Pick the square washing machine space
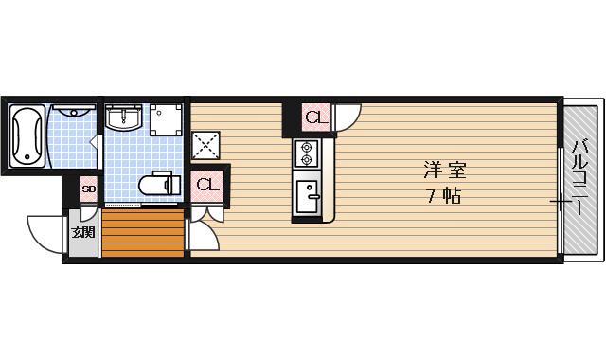167,118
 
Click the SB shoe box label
87,190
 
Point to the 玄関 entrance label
83,232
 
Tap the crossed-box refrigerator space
205,146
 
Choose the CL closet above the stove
314,117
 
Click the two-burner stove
308,153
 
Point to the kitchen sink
308,196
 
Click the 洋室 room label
444,171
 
